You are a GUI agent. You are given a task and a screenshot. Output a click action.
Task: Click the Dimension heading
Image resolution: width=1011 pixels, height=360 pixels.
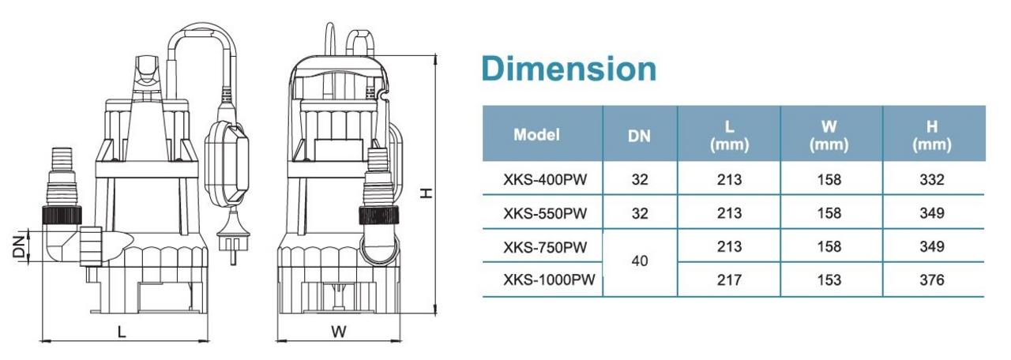[x=569, y=69]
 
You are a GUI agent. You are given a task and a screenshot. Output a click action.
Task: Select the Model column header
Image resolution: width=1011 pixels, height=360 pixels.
[x=536, y=134]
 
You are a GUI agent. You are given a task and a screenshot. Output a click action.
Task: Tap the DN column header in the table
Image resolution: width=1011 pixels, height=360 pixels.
[x=639, y=137]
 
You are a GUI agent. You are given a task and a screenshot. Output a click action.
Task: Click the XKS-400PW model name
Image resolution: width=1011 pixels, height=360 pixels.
[x=545, y=179]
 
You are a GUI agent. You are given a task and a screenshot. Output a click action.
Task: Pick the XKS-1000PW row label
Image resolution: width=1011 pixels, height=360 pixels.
[x=549, y=279]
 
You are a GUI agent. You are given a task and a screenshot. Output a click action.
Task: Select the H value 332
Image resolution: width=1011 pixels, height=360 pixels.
[x=932, y=179]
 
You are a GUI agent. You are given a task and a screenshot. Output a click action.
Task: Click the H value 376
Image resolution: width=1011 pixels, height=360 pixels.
[x=932, y=279]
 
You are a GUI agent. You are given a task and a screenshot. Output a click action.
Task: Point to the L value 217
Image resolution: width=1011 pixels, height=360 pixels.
[x=729, y=279]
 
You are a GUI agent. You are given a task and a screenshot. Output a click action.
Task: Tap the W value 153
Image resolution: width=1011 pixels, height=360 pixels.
[x=829, y=279]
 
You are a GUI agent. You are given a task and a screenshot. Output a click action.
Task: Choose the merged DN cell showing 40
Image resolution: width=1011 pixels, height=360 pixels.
[x=640, y=261]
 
